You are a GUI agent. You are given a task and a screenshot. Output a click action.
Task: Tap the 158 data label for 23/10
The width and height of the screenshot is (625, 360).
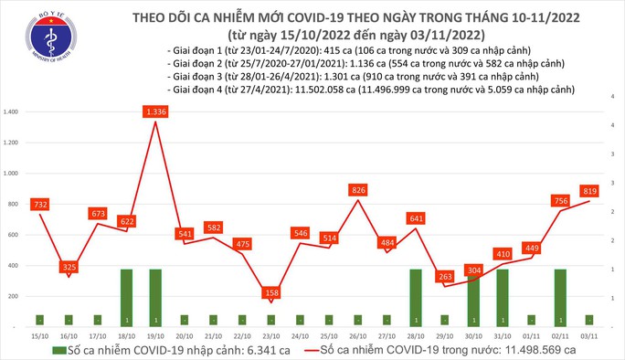coord(270,292)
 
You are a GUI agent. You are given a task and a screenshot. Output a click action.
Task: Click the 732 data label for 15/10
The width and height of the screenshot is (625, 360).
coord(40,205)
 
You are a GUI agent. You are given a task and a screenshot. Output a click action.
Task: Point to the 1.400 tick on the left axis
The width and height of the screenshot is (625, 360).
coord(13,112)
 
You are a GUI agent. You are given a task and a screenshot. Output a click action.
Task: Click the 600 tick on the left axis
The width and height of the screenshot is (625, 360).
coord(16,235)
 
